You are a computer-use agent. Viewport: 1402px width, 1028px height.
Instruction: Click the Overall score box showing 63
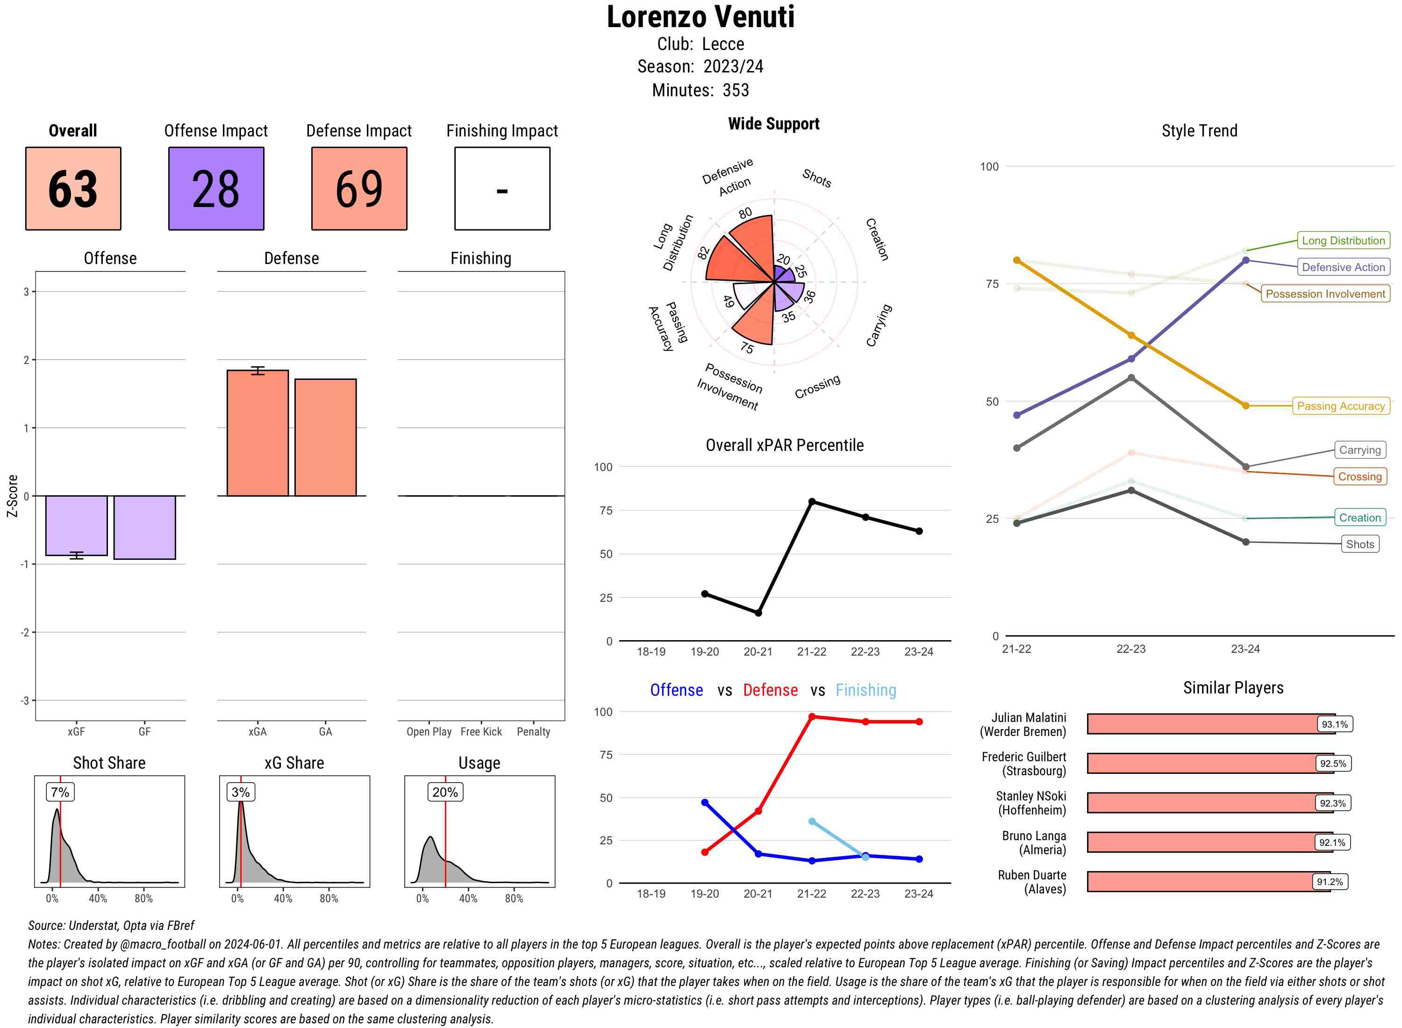pos(73,189)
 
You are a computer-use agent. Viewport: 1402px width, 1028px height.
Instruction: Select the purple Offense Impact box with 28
pos(216,189)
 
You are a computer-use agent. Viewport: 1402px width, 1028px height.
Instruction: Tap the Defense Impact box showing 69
pos(359,189)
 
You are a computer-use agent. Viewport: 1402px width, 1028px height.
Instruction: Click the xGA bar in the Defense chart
pos(258,433)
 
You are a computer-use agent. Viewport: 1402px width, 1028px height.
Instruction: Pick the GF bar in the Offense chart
pos(144,527)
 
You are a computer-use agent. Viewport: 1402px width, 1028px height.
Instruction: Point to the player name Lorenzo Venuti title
pos(700,17)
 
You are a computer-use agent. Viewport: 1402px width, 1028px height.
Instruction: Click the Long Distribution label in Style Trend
pos(1343,241)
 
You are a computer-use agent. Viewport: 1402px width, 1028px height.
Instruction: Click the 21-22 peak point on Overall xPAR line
pos(811,501)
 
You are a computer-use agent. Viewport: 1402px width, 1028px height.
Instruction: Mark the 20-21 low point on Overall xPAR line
pos(758,613)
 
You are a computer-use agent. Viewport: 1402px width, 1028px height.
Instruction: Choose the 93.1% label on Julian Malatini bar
pos(1334,724)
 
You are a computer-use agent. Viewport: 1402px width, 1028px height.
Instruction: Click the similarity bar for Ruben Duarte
pos(1207,882)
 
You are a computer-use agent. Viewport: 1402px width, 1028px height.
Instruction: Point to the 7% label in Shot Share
pos(60,792)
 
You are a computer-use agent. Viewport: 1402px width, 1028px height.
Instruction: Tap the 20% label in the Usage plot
pos(445,792)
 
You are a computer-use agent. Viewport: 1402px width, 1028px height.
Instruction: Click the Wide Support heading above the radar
pos(773,124)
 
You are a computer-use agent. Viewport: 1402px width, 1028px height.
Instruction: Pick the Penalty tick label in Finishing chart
pos(533,732)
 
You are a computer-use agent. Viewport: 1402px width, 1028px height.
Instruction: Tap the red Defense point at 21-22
pos(811,717)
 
